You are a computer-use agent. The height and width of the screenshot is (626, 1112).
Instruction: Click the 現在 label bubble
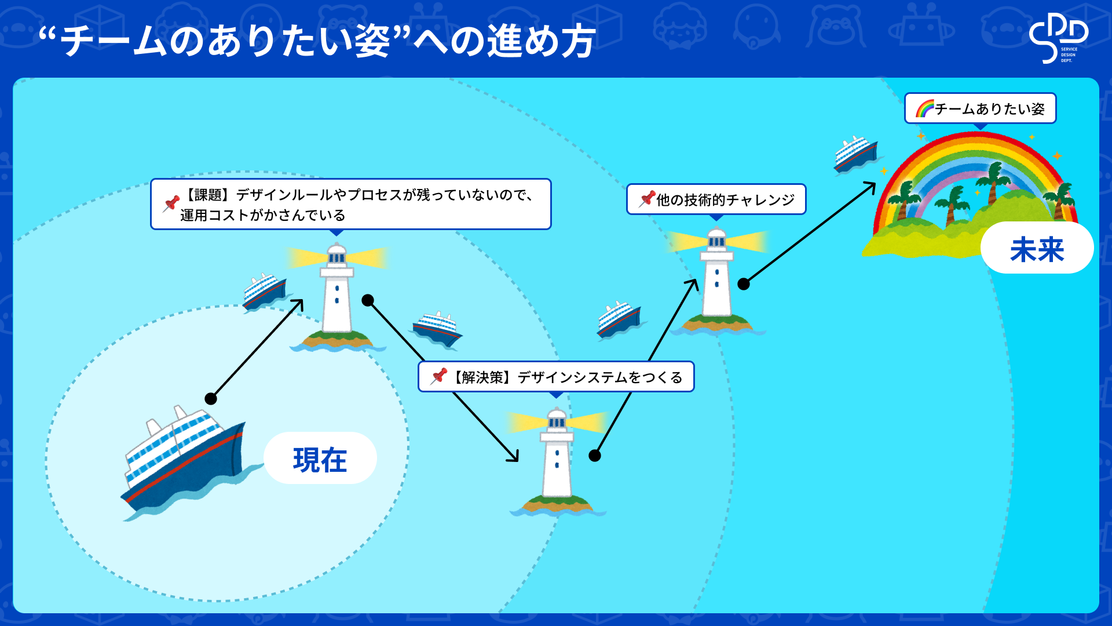(320, 458)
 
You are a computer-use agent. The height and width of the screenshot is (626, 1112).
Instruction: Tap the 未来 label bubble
(1037, 248)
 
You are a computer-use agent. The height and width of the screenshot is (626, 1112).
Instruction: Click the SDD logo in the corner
(1058, 38)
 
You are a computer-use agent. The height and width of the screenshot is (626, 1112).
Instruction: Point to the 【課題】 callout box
(350, 204)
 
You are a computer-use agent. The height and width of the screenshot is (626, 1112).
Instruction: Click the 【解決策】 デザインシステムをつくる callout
(556, 377)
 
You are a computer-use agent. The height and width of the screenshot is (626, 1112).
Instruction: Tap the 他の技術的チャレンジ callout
(716, 200)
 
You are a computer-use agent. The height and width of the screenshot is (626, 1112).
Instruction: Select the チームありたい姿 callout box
(981, 108)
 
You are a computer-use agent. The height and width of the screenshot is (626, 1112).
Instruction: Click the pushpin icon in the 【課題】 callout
(171, 204)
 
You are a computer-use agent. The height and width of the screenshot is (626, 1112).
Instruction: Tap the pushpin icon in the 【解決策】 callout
(438, 377)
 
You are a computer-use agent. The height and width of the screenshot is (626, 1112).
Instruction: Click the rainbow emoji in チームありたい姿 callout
(925, 108)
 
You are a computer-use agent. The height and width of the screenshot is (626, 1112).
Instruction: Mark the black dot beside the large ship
(211, 399)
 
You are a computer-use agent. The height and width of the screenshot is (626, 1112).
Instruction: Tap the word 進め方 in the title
(542, 42)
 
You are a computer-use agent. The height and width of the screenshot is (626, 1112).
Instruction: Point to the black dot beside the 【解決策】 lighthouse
(595, 456)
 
